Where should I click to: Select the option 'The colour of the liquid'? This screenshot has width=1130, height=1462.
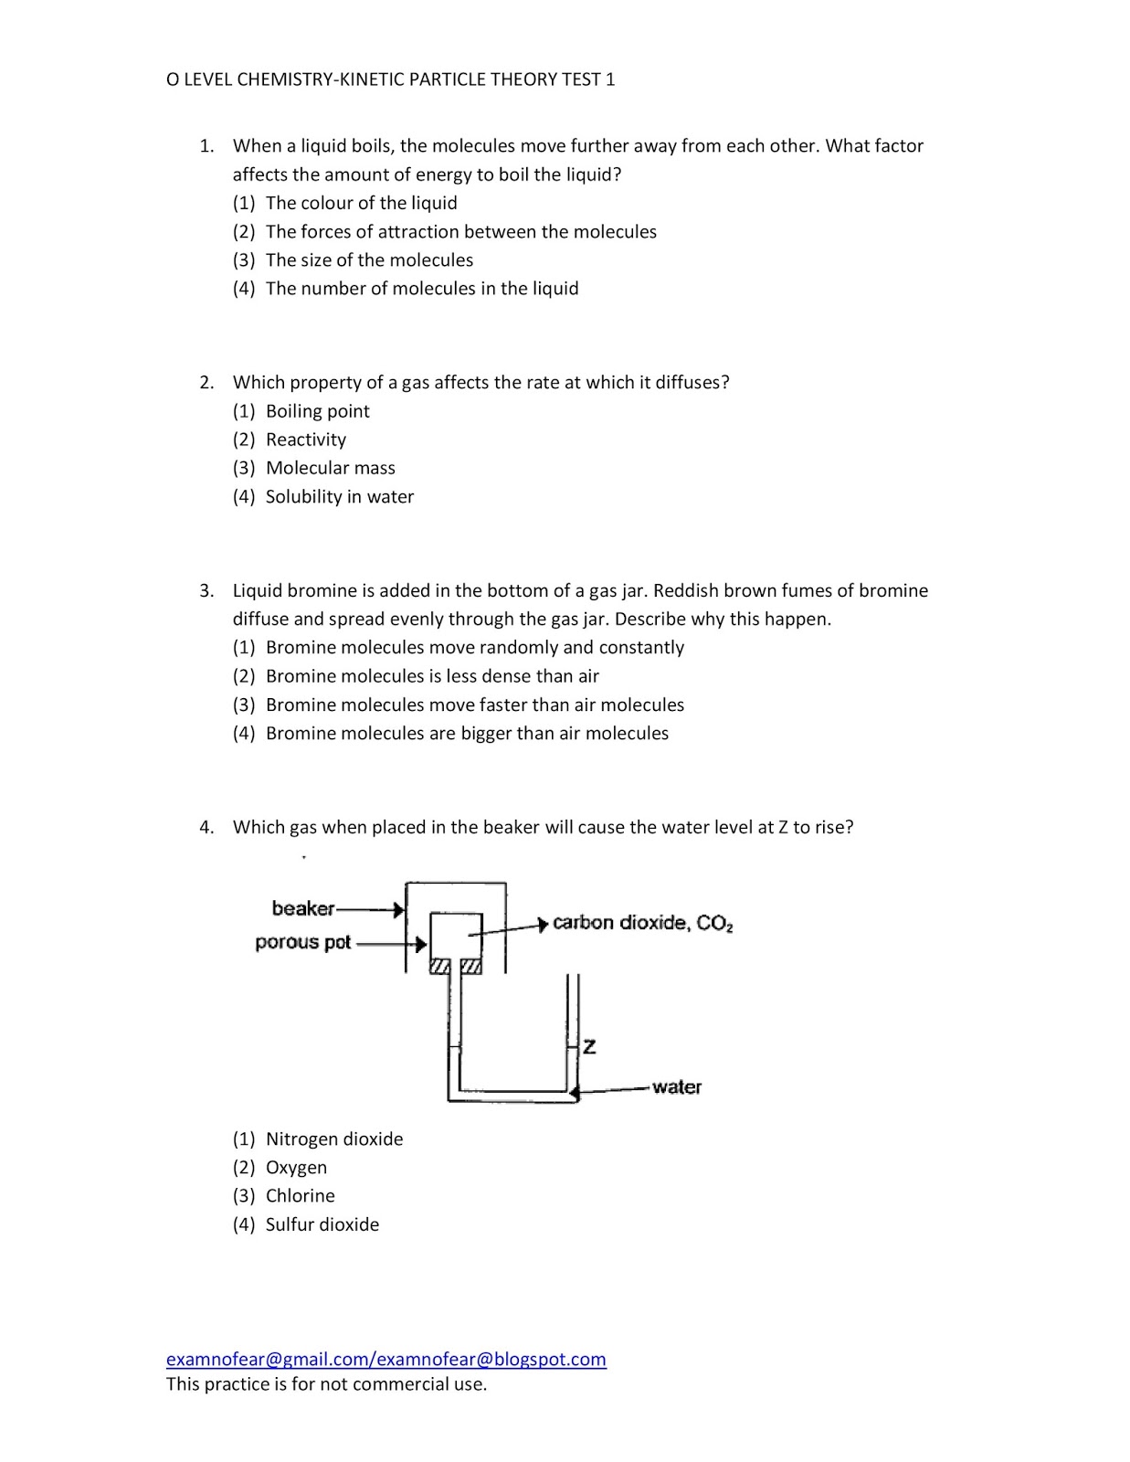(x=361, y=203)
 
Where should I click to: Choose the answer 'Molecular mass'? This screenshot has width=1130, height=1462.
(x=330, y=468)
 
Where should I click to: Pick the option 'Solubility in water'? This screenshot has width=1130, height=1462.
(x=339, y=497)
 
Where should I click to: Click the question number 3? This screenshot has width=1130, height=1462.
(x=206, y=590)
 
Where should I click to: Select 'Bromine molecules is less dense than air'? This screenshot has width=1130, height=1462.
(x=431, y=676)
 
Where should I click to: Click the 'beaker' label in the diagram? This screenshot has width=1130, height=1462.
(x=302, y=908)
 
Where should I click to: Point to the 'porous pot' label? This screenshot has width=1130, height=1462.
(x=302, y=942)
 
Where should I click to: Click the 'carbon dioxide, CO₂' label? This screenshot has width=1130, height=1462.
(x=642, y=923)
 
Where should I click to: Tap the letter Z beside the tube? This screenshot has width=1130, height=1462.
(x=589, y=1047)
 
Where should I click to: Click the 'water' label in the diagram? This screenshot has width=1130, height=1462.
(x=676, y=1086)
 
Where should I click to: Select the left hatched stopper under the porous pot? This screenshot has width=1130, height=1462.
(x=439, y=967)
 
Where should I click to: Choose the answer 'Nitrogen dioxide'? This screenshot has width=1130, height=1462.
(x=333, y=1139)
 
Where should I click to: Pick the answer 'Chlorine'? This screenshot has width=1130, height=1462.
(x=300, y=1196)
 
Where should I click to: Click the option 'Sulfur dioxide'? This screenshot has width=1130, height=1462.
(x=322, y=1224)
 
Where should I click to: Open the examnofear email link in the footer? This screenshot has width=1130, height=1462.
(x=385, y=1359)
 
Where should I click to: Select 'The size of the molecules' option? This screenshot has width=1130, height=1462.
(x=369, y=260)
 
